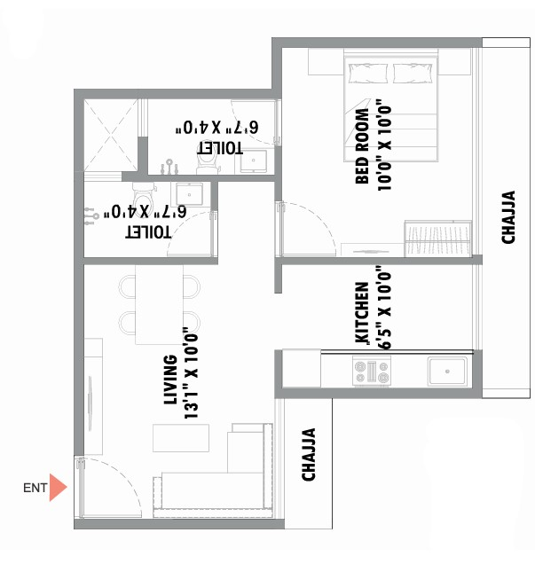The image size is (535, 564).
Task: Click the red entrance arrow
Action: pos(57,488)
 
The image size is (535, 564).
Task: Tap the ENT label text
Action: pos(35,488)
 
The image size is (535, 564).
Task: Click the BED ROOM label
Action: pos(362,145)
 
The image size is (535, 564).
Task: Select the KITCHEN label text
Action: pos(362,313)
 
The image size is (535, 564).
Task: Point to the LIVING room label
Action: pos(170,380)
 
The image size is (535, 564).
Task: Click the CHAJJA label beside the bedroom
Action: pos(508,217)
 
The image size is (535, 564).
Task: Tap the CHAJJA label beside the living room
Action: pos(309,454)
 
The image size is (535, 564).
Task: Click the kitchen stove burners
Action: pos(372,372)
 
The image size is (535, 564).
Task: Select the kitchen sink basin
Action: pos(447,372)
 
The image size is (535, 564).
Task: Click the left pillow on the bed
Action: pos(367,74)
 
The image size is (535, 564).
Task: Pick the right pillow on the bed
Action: pos(413,74)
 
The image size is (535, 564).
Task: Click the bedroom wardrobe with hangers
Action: pos(438,239)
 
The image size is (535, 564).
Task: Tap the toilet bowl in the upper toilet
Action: pos(208,165)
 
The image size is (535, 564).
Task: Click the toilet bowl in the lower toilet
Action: pos(143,194)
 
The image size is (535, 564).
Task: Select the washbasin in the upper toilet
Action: pos(254,161)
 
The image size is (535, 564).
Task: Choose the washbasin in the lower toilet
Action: pos(189,194)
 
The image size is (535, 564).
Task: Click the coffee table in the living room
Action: pos(181,438)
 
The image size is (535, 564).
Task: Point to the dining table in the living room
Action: pos(159,305)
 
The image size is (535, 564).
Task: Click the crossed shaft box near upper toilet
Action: pos(111,135)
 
